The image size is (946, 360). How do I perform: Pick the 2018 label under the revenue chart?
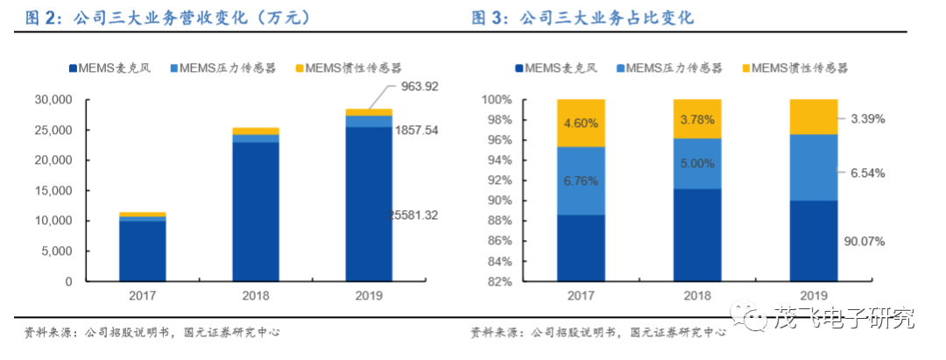255,297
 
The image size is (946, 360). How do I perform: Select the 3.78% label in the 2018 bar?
696,118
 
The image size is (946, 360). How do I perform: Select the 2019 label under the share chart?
814,297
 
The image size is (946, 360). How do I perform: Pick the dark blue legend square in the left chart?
72,68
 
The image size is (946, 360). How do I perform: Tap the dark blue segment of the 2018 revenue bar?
255,210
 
